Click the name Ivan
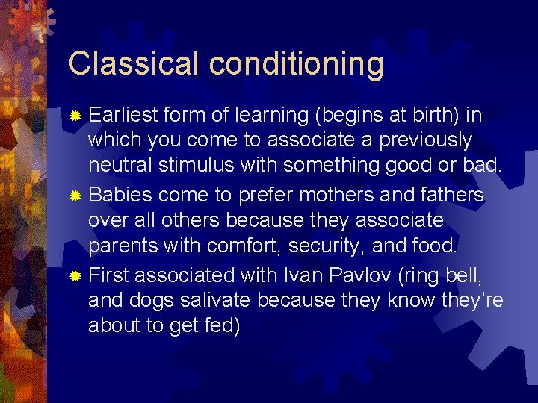click(303, 275)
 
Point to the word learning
click(275, 116)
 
